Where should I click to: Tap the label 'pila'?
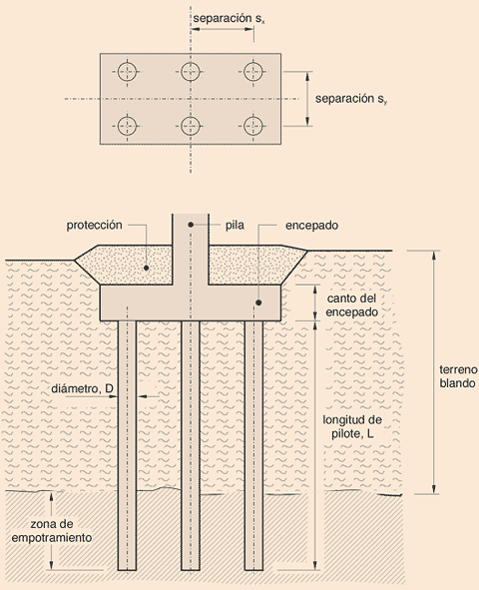pyautogui.click(x=236, y=226)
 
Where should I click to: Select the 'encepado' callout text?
pyautogui.click(x=310, y=226)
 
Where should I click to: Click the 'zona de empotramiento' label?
pyautogui.click(x=59, y=530)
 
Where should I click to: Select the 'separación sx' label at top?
pyautogui.click(x=235, y=19)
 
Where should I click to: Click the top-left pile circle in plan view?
pyautogui.click(x=127, y=71)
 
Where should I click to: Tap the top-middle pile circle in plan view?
pyautogui.click(x=191, y=71)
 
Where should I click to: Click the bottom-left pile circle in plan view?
pyautogui.click(x=127, y=126)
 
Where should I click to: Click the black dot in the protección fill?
pyautogui.click(x=147, y=268)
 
